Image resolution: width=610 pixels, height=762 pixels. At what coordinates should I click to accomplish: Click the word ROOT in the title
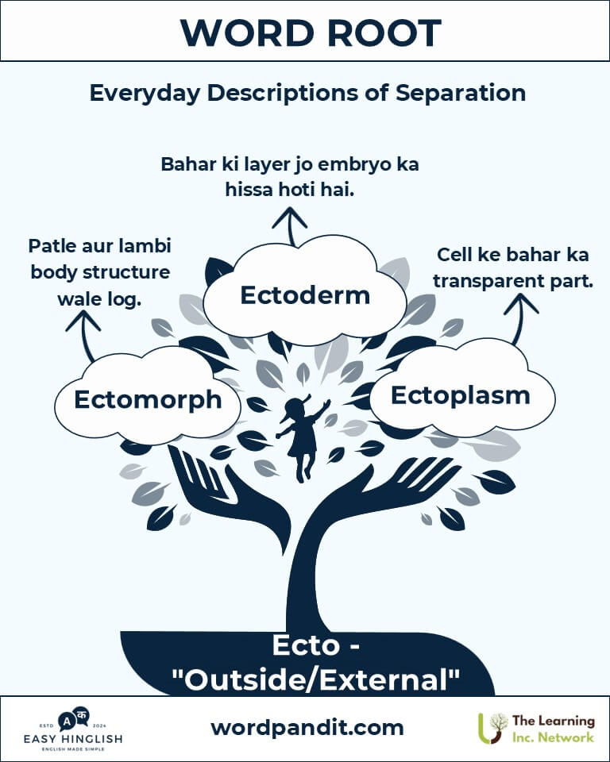384,33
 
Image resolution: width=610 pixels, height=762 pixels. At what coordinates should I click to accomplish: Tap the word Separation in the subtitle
460,93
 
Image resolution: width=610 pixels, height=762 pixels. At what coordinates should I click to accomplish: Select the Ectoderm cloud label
305,295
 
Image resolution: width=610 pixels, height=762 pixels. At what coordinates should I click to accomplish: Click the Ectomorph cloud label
148,400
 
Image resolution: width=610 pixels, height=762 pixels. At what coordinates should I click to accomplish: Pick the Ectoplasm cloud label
460,395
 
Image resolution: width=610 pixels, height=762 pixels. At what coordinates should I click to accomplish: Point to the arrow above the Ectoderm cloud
290,226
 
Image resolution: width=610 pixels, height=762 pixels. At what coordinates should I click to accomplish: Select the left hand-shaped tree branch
229,491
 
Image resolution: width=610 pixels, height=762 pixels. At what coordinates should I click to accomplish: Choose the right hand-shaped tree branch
384,491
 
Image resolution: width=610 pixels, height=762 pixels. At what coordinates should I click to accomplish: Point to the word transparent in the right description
489,281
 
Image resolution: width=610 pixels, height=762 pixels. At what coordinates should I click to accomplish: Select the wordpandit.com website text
307,728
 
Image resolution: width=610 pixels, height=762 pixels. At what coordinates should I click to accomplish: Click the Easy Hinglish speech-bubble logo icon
73,719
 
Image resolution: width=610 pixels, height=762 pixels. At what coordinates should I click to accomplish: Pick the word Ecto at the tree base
306,645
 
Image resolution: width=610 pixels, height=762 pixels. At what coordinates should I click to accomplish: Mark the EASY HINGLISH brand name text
73,739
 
